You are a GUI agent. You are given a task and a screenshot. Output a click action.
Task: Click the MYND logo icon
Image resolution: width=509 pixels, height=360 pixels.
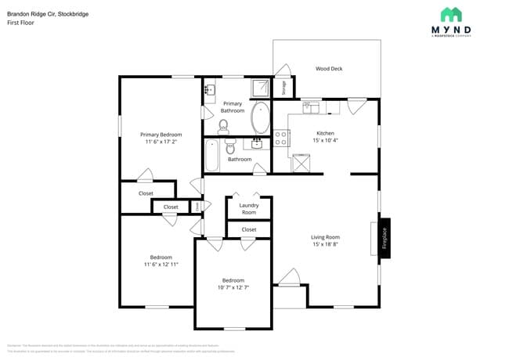(x=451, y=15)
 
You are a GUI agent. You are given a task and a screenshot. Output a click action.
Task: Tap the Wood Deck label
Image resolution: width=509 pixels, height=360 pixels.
(x=329, y=69)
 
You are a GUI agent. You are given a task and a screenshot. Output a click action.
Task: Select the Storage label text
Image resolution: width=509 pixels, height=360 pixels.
(x=283, y=88)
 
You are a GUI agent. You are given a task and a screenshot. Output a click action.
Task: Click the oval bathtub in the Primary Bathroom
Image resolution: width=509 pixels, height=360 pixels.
(x=261, y=119)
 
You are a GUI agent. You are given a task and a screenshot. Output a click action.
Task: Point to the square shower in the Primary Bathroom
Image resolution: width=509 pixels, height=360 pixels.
(x=260, y=88)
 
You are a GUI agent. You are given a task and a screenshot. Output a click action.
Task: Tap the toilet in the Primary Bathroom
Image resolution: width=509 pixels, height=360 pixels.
(x=223, y=126)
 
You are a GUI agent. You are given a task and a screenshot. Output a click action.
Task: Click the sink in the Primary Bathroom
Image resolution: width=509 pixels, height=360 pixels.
(x=208, y=90)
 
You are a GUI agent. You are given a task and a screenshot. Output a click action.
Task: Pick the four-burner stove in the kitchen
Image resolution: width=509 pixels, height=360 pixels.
(x=281, y=139)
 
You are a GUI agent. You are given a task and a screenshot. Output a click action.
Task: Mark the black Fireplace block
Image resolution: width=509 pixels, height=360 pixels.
(x=384, y=238)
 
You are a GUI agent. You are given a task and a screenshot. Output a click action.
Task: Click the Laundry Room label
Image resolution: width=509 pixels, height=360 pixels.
(x=249, y=209)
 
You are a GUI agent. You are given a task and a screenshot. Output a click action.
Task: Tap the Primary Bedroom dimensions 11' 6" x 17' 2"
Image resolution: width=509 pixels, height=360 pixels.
(x=161, y=142)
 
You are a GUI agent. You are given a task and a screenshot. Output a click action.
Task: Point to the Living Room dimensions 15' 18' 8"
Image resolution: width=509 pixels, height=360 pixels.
(x=326, y=244)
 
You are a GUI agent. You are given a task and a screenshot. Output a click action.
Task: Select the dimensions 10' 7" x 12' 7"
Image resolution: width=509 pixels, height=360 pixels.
(x=233, y=287)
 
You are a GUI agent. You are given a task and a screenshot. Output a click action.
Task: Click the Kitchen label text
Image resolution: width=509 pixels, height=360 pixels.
(x=325, y=133)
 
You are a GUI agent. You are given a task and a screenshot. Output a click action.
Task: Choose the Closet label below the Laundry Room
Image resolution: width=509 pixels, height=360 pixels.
(x=249, y=229)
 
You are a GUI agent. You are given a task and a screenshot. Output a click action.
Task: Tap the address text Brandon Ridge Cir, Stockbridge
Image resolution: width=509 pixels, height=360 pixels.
(x=42, y=13)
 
